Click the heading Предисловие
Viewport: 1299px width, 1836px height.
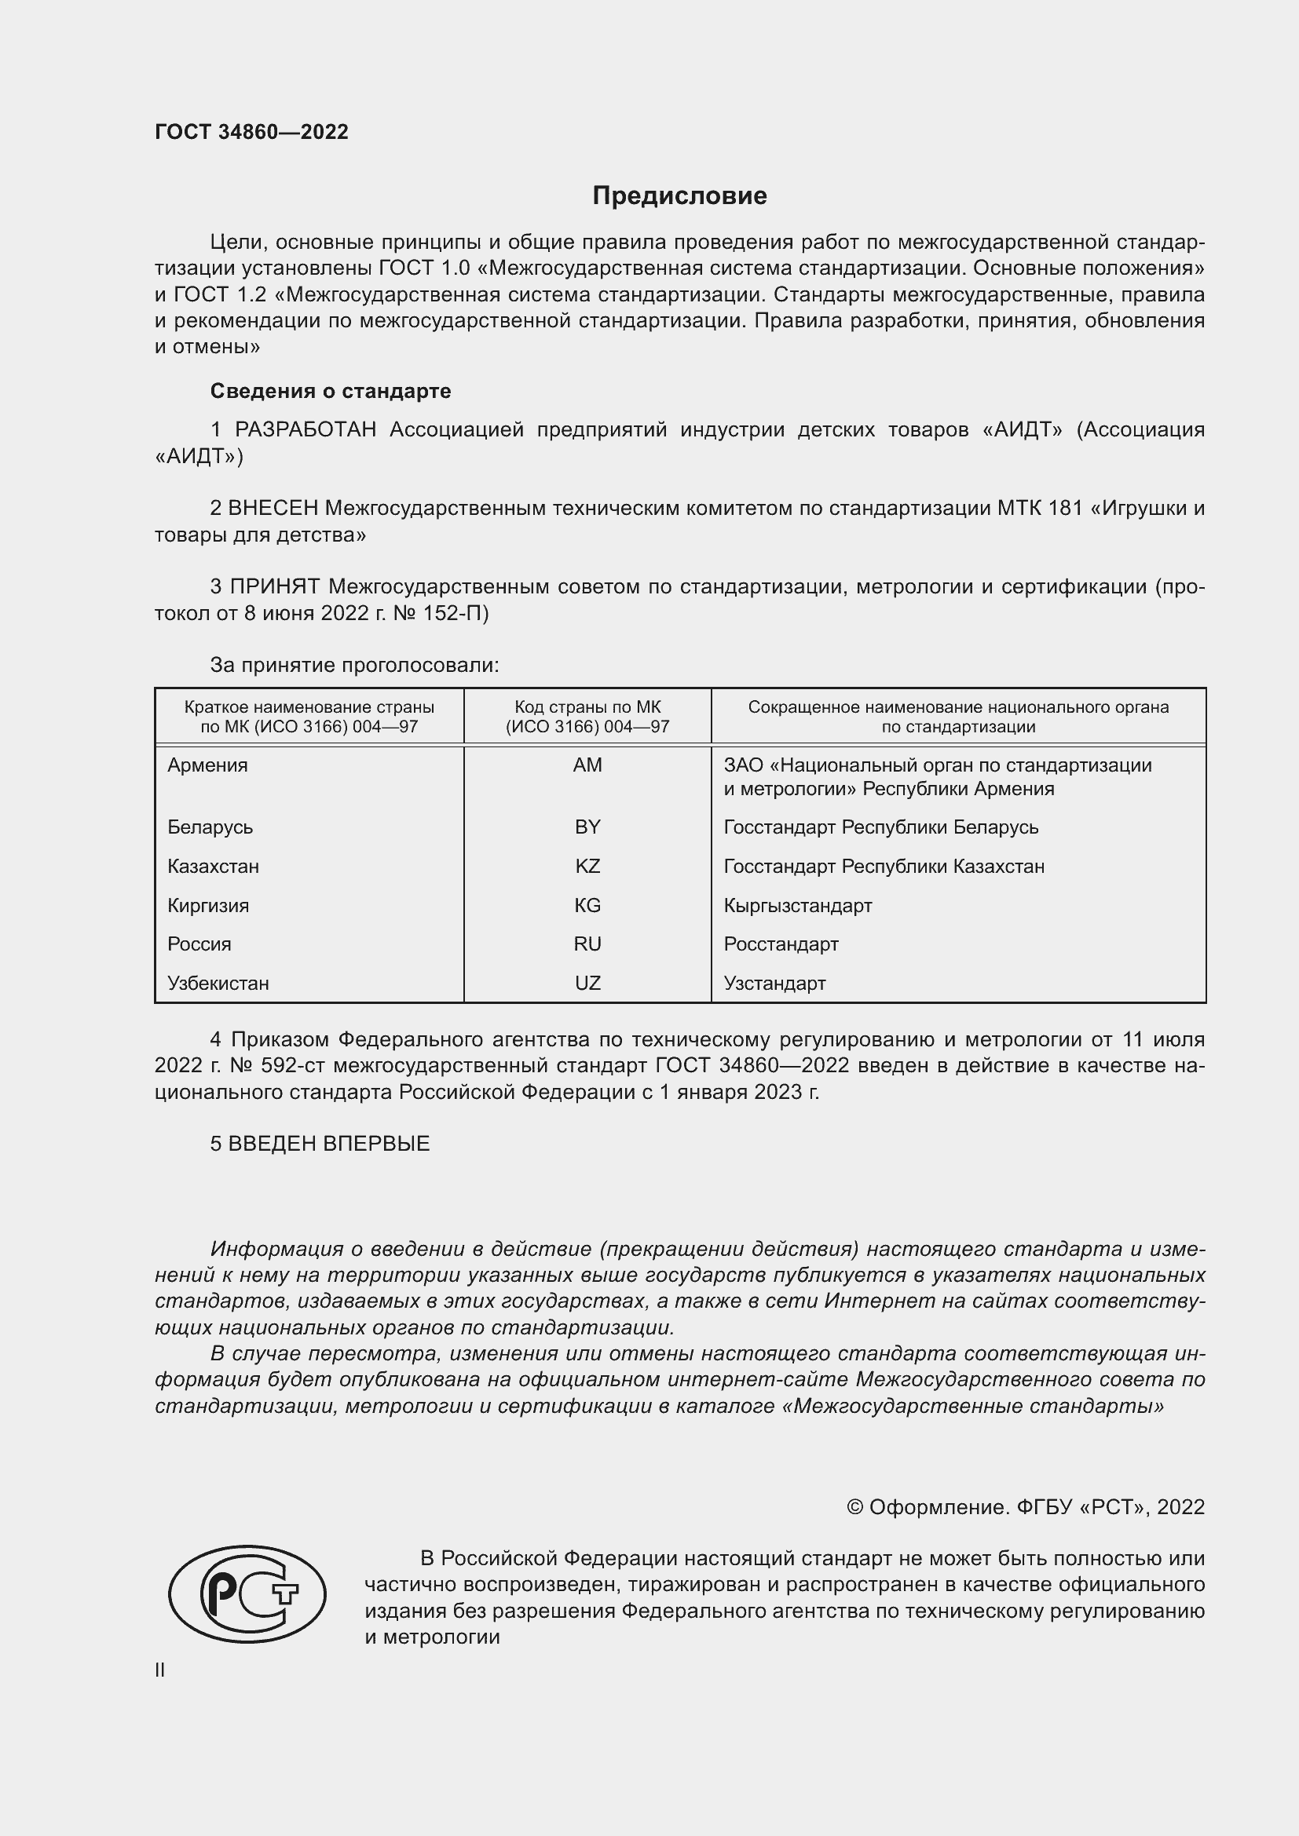click(x=679, y=196)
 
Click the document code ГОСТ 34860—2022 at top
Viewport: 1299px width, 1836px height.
click(x=251, y=132)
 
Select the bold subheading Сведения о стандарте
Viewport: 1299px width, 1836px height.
click(x=331, y=391)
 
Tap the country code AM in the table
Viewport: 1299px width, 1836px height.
click(x=587, y=765)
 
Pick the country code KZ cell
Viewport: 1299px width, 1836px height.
click(x=587, y=866)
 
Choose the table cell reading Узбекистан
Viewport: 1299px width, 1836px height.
click(x=218, y=983)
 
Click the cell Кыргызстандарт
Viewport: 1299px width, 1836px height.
click(x=797, y=905)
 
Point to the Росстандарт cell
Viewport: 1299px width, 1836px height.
click(x=781, y=944)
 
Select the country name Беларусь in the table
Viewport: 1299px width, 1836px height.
click(x=210, y=827)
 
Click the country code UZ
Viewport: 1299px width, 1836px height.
click(x=587, y=983)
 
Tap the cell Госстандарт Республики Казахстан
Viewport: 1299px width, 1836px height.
click(x=884, y=866)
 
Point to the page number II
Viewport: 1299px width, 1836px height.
click(x=160, y=1670)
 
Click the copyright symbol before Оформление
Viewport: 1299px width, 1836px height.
click(x=854, y=1507)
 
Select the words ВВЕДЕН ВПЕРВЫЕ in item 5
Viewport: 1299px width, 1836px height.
click(x=329, y=1144)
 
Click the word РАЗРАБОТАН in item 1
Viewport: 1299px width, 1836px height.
click(x=306, y=430)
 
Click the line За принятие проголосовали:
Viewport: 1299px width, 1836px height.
click(x=354, y=665)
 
